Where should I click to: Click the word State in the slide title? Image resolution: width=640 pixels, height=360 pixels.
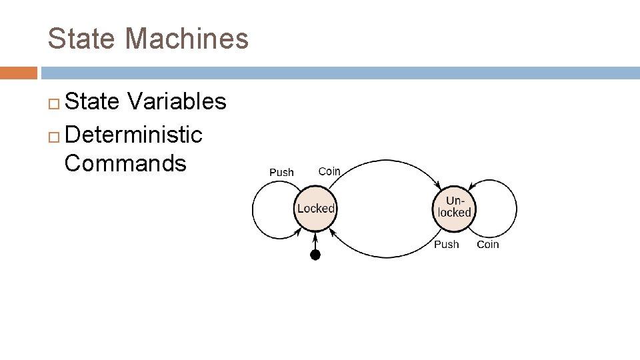click(x=79, y=39)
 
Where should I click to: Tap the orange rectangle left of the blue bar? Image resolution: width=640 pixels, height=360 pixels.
click(x=18, y=73)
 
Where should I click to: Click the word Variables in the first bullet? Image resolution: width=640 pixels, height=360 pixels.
click(x=177, y=102)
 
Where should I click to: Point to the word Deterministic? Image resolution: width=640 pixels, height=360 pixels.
click(x=134, y=135)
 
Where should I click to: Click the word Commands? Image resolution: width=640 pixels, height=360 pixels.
click(x=125, y=163)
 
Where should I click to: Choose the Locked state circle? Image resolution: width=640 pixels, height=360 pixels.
click(x=315, y=209)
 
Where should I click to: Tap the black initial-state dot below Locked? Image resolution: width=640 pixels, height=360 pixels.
click(x=315, y=255)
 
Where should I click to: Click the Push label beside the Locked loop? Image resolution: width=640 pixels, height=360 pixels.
click(x=281, y=173)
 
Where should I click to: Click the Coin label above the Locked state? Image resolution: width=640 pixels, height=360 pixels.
click(x=329, y=171)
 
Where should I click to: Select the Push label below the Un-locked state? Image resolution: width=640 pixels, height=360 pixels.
click(x=446, y=245)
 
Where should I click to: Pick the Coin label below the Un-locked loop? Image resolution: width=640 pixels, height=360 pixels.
click(x=487, y=245)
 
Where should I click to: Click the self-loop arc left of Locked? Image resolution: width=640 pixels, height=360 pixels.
click(x=253, y=209)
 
